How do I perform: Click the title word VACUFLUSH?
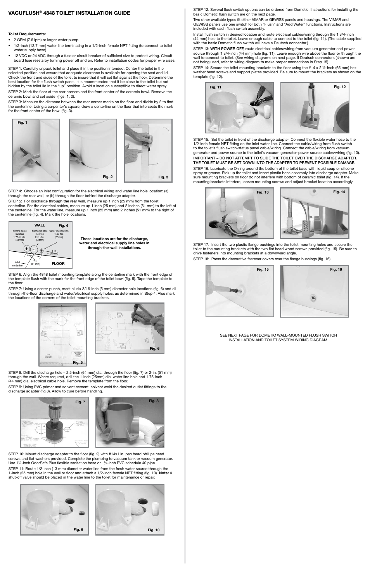[24, 13]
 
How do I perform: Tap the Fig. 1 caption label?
[22, 123]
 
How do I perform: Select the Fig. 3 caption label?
[163, 177]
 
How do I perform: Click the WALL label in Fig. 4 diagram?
[40, 225]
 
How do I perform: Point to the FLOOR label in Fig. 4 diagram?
[58, 263]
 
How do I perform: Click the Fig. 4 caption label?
[63, 226]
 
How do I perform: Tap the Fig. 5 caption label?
[78, 363]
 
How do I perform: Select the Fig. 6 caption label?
[154, 349]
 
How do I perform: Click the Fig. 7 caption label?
[80, 402]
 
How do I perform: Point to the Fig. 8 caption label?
[154, 401]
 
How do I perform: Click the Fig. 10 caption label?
[153, 530]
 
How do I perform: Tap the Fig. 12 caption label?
[339, 86]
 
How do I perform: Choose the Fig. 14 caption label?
[339, 192]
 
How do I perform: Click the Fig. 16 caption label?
[336, 270]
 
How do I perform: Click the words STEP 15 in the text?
[201, 139]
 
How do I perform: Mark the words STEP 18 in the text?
[201, 259]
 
